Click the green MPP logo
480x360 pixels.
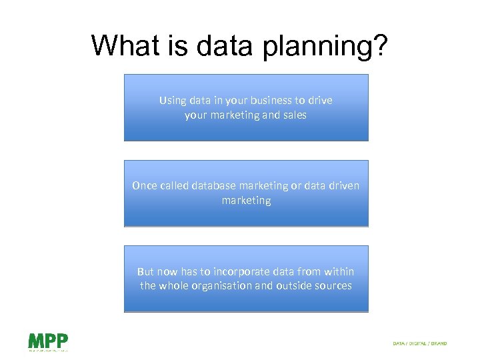pos(48,341)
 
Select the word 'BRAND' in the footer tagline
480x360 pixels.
pos(437,343)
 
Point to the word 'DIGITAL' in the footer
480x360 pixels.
pos(416,343)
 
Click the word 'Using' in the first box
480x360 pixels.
pos(173,101)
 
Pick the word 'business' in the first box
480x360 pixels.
pos(273,101)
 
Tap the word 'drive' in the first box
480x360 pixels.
pos(321,101)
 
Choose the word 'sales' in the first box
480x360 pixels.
pos(294,115)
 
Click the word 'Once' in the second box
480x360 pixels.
pos(145,186)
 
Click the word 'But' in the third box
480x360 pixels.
pos(146,271)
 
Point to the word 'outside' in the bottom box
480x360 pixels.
pos(295,286)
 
